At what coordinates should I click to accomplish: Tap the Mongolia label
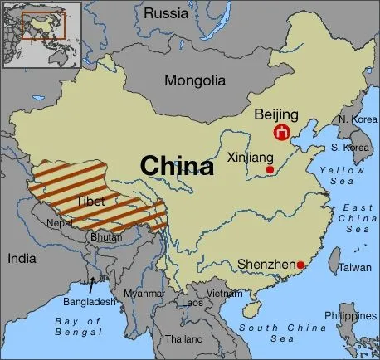point(194,81)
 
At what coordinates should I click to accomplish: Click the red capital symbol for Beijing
point(283,133)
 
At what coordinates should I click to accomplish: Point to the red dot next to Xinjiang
point(270,169)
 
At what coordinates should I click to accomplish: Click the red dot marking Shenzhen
point(300,265)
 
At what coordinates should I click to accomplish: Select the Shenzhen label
point(266,265)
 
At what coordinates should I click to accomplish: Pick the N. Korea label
point(354,120)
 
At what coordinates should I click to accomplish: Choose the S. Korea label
point(350,148)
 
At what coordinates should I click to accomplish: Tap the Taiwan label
point(354,268)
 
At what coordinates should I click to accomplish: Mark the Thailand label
point(183,339)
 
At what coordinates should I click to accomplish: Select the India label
point(22,259)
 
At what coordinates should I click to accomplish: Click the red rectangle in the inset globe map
point(37,27)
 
